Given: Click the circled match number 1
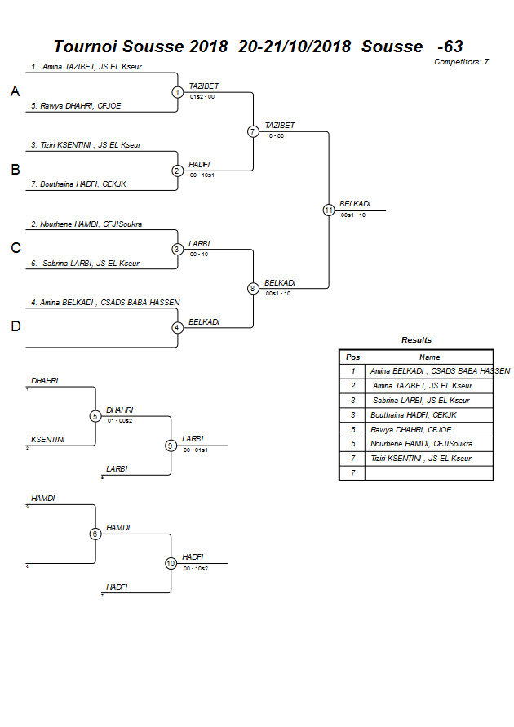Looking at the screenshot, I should (177, 92).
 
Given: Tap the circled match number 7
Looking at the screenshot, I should (253, 131).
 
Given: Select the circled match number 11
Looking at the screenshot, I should (329, 210).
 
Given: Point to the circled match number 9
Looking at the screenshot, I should (171, 446).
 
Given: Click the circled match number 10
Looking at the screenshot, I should (171, 563).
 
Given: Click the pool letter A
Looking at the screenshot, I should (15, 92).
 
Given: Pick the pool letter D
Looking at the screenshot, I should (15, 326).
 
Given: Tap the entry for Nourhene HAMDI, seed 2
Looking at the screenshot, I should (86, 224).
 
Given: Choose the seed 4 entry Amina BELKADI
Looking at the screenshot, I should (105, 302).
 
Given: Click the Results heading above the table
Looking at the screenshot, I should (416, 340).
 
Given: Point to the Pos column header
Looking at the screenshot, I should (352, 357).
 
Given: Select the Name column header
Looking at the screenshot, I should (429, 357).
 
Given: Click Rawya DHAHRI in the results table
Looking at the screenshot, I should (410, 429).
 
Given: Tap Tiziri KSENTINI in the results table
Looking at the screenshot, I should (421, 459).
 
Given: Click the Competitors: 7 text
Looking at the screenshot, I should (461, 62).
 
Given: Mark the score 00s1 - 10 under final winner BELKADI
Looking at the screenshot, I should (353, 215).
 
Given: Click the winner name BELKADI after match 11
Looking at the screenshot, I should (355, 204).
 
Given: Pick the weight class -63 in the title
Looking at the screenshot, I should (450, 47).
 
